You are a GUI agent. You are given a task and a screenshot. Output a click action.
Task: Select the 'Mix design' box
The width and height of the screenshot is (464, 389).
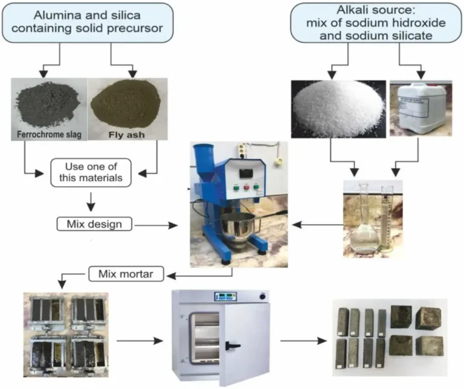tap(94, 224)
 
